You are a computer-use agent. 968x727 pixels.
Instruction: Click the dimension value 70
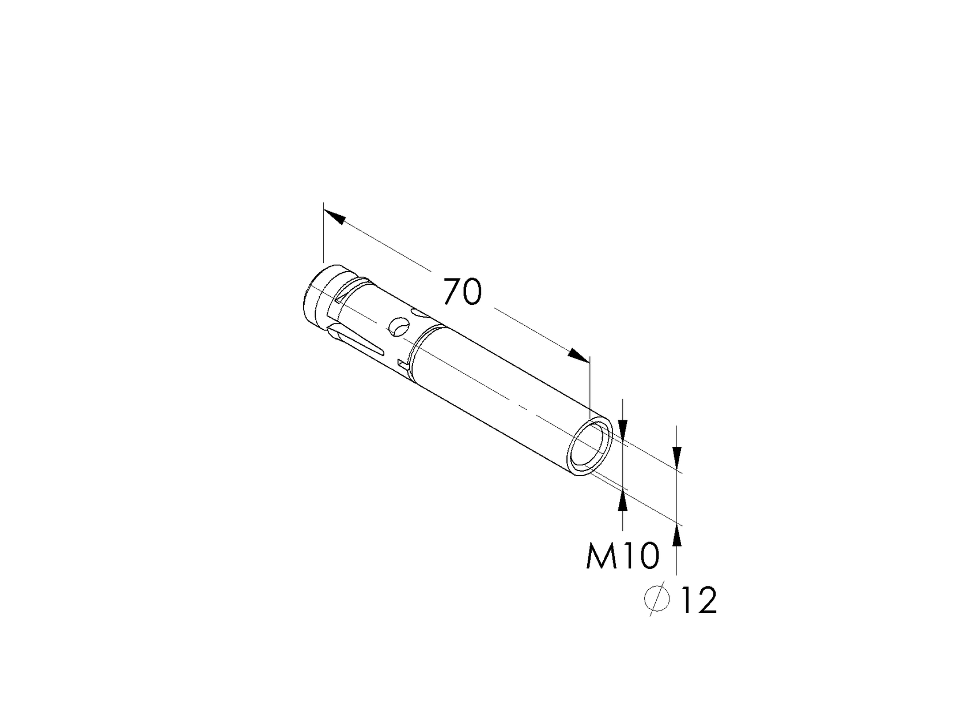coord(462,292)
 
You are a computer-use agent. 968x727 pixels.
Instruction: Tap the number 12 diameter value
coord(698,600)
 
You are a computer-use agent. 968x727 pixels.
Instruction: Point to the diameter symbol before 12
coord(657,600)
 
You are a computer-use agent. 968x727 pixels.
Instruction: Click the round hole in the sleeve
coord(397,326)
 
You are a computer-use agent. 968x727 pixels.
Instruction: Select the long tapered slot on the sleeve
coord(357,341)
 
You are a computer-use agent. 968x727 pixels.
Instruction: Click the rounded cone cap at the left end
coord(315,297)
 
